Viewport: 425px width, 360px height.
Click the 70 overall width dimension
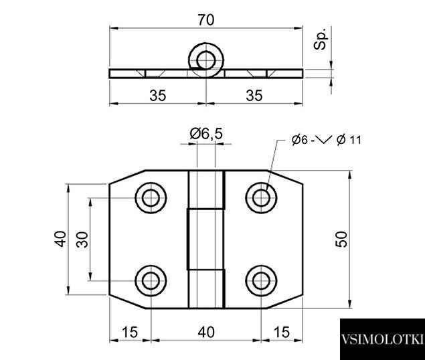click(206, 20)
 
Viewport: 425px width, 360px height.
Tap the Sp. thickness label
click(321, 38)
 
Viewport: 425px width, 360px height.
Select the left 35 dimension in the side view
click(158, 96)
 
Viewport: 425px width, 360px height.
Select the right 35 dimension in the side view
click(254, 96)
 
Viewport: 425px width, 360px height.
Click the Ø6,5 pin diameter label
click(206, 134)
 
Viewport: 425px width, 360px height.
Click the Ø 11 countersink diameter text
click(349, 140)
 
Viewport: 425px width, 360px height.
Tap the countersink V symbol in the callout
click(324, 139)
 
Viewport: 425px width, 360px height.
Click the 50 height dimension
click(341, 239)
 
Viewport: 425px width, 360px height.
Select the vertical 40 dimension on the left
click(60, 239)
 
